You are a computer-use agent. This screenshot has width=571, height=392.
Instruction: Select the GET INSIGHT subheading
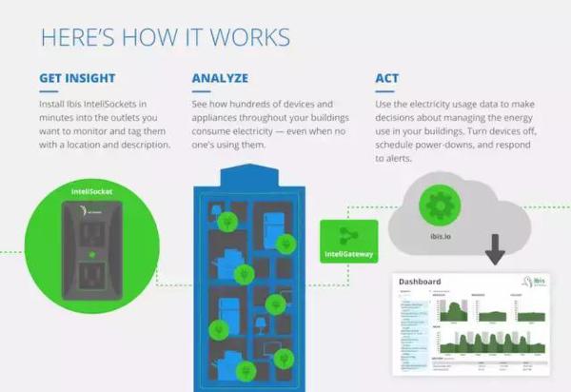pos(79,77)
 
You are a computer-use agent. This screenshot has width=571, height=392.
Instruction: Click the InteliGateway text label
pos(348,255)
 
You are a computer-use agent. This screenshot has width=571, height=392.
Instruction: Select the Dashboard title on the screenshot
pos(420,283)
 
